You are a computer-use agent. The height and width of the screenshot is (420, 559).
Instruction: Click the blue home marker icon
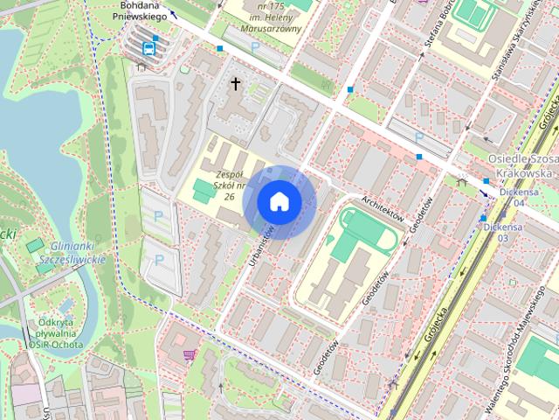click(279, 202)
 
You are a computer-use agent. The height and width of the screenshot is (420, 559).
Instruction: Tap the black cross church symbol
click(235, 84)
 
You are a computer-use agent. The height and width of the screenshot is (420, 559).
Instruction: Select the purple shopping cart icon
click(189, 354)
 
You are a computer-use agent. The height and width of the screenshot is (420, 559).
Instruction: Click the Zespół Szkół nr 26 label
click(220, 185)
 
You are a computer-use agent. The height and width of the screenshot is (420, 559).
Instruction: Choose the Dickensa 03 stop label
click(502, 231)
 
